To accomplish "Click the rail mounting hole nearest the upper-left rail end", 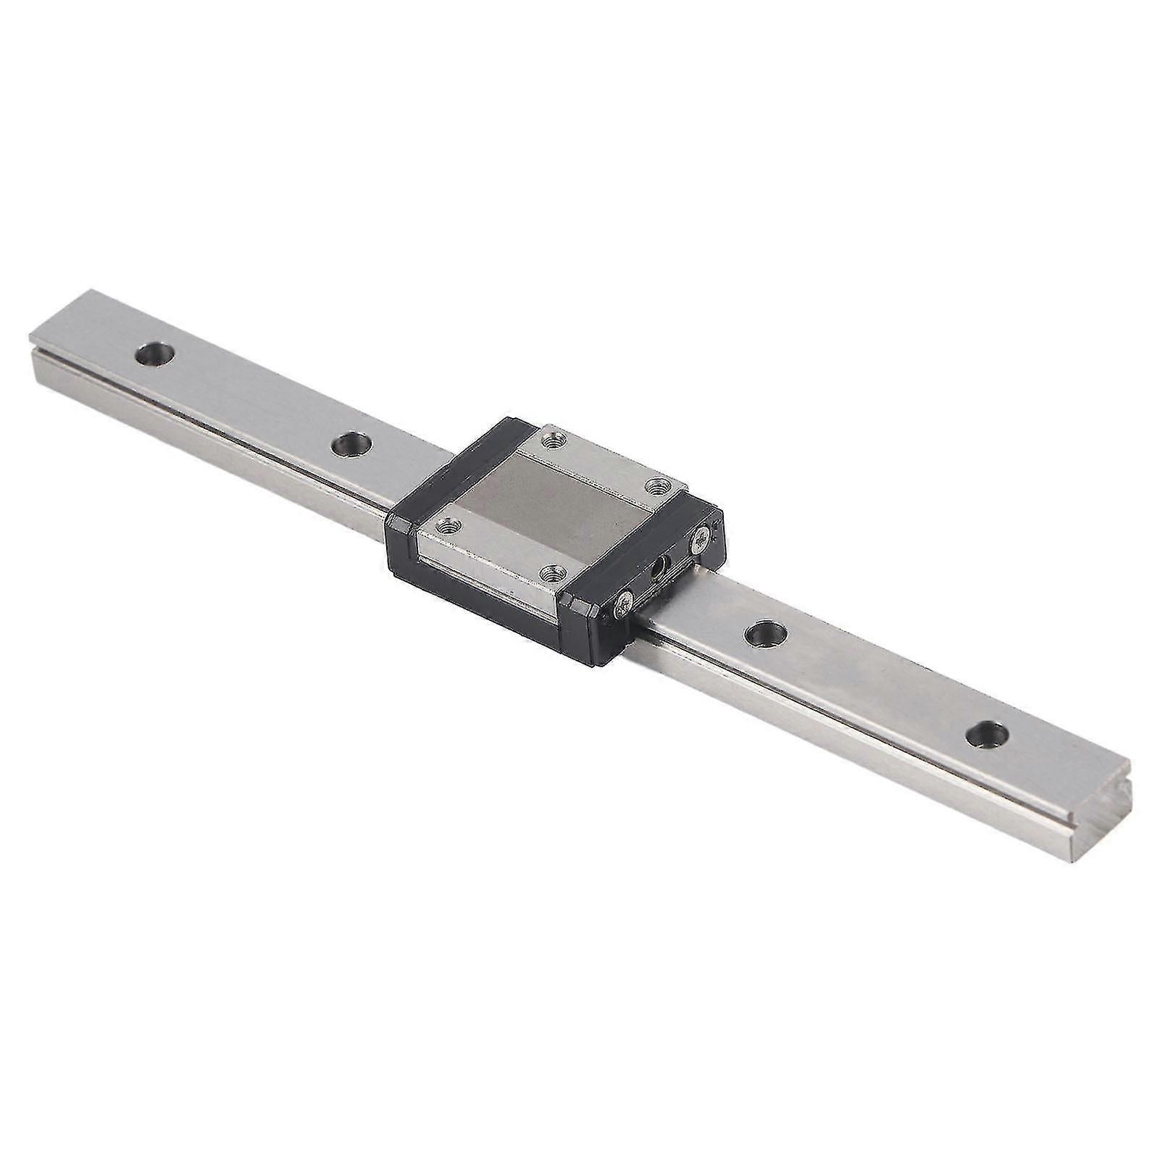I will coord(156,354).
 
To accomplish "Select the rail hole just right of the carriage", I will coord(764,633).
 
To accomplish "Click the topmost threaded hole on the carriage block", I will coord(554,438).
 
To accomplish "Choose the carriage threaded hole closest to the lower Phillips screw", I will coord(553,572).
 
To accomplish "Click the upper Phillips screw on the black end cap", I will coord(702,538).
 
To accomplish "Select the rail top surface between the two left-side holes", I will coord(254,399).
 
